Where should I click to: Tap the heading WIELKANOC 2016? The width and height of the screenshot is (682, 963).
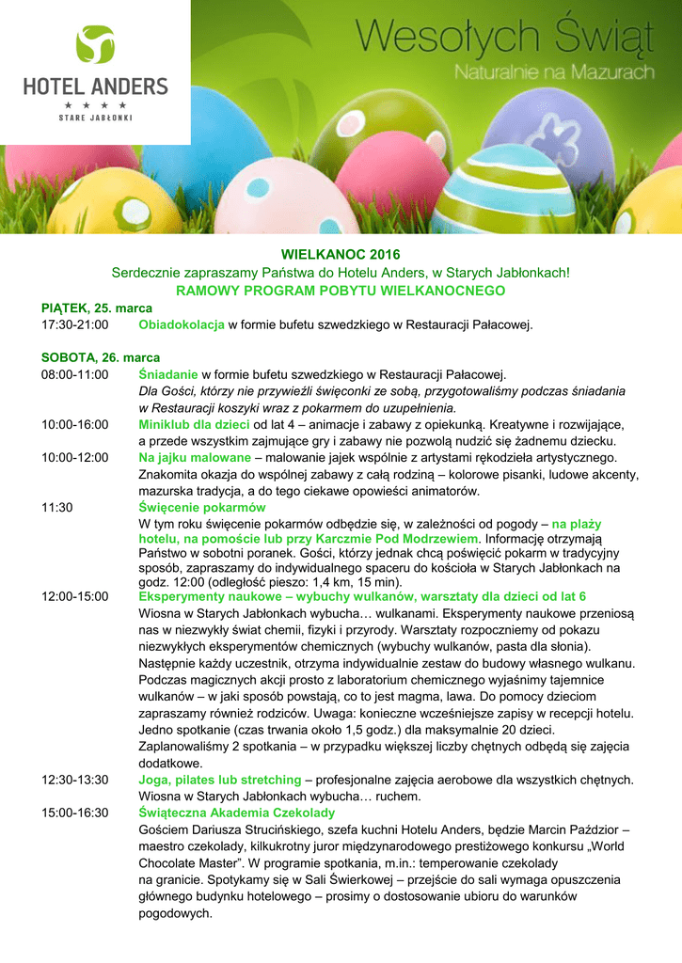point(341,255)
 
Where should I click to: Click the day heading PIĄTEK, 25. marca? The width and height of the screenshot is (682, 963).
point(97,308)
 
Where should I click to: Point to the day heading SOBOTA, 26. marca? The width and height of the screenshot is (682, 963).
point(101,357)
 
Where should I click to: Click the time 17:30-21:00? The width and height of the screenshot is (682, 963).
point(75,325)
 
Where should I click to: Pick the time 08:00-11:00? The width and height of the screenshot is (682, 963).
point(75,374)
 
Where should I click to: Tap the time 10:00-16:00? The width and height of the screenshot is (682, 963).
point(75,425)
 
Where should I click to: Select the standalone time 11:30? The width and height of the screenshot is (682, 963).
point(57,507)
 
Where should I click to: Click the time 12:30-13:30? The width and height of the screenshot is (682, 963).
point(75,780)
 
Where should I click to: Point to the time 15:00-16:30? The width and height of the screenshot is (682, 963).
point(75,813)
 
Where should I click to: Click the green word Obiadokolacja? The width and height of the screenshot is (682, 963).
point(182,325)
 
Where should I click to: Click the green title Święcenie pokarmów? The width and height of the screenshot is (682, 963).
point(202,507)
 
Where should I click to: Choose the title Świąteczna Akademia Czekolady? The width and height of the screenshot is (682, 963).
point(237,813)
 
